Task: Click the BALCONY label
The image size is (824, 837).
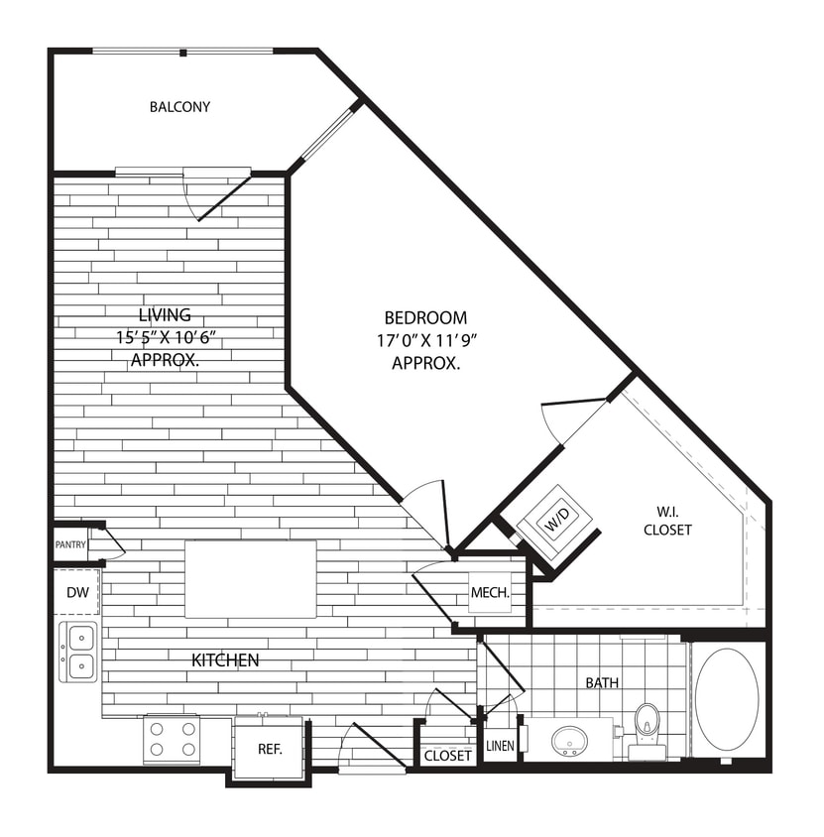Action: pos(179,107)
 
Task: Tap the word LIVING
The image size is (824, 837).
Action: pos(165,316)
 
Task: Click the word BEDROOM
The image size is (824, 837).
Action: pos(425,318)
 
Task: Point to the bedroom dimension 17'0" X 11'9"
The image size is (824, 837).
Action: pos(425,340)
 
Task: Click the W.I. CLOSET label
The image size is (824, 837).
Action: pos(667,521)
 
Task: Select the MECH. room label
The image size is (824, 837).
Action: pos(490,593)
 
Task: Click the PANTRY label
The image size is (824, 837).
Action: pos(70,544)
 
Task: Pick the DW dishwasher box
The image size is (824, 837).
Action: pos(76,592)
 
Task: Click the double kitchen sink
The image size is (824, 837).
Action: pos(78,651)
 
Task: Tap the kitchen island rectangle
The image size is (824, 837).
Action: pos(250,578)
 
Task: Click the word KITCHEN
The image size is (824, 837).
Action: pos(226,659)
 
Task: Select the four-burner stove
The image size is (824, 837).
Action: pos(172,739)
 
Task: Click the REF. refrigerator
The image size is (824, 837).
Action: pos(270,749)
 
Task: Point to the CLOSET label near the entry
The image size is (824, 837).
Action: pos(448,756)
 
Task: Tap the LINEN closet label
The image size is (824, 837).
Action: pos(500,746)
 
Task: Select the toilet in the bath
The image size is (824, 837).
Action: pos(647,729)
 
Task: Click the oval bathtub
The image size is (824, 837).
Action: pos(727,698)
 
